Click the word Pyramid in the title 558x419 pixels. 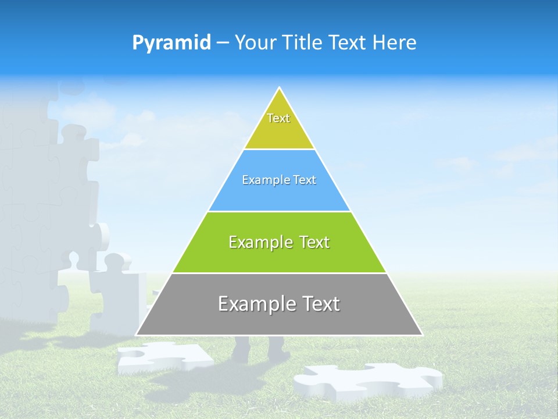click(x=171, y=43)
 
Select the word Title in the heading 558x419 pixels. click(x=302, y=43)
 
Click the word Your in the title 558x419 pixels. click(x=255, y=43)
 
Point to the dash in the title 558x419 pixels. click(x=223, y=43)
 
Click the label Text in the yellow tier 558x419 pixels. click(x=278, y=118)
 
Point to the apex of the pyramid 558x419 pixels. click(x=280, y=88)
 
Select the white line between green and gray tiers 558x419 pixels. click(x=279, y=273)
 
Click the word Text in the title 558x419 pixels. click(x=348, y=43)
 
